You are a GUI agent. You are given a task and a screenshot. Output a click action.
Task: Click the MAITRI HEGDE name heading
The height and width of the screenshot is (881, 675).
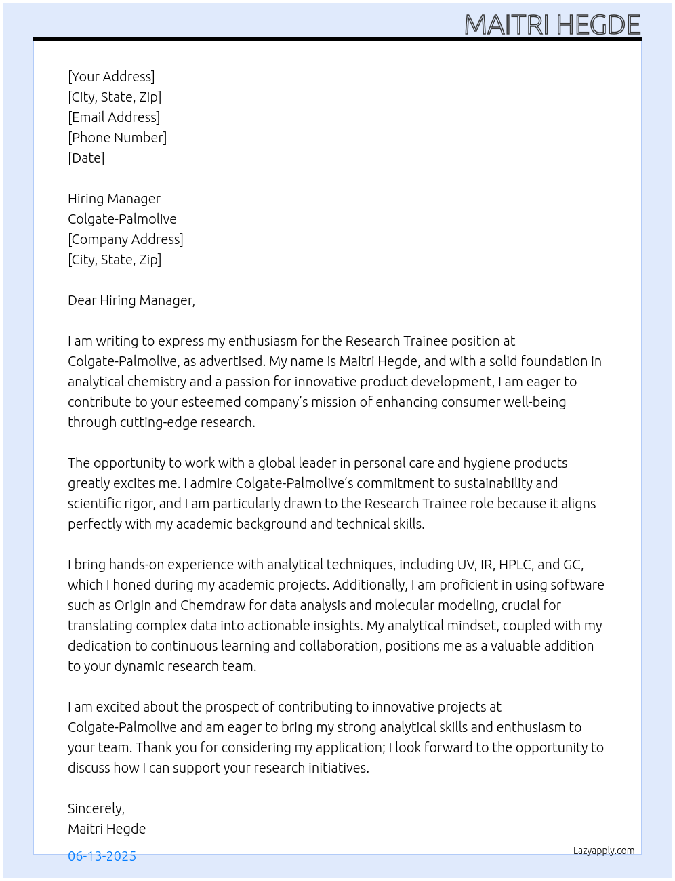pos(552,25)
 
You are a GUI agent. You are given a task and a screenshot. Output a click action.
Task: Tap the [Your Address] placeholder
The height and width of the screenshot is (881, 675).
pos(111,77)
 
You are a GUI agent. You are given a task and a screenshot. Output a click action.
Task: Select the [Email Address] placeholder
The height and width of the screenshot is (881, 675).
pos(114,117)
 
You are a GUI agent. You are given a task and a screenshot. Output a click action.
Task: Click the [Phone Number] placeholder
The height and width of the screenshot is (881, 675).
pos(117,138)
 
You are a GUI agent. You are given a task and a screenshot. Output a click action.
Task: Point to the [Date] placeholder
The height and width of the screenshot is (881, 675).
pos(86,158)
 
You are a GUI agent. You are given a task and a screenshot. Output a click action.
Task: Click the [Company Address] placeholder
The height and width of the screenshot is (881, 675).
pos(125,239)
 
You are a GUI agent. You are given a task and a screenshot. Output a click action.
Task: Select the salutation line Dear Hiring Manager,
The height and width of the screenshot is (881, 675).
pos(131,300)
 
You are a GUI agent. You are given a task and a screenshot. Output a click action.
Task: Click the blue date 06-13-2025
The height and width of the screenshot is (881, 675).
pos(102,856)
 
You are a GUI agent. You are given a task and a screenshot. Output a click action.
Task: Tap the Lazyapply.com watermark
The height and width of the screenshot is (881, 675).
pos(604,851)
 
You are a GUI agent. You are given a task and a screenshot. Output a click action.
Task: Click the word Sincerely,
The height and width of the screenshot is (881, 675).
pos(96,808)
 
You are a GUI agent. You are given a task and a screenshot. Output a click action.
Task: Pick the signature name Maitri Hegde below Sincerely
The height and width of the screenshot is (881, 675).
pos(106,829)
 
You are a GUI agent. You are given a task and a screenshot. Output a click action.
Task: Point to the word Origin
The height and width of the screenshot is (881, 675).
pos(133,605)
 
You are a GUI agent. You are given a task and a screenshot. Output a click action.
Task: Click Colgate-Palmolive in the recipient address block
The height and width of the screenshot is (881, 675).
pos(122,219)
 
